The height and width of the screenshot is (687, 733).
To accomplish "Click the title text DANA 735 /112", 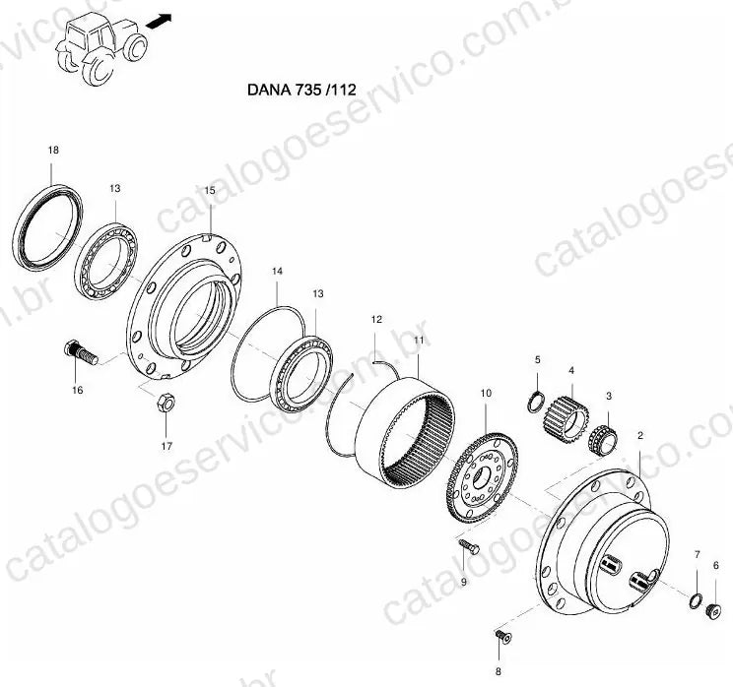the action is pos(301,90).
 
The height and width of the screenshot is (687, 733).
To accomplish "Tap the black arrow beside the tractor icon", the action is pos(159,21).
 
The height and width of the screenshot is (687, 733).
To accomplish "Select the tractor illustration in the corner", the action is pos(101,48).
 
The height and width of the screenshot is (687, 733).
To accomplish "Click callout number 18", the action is pos(53,150).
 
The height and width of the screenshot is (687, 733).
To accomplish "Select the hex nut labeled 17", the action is pos(166,403).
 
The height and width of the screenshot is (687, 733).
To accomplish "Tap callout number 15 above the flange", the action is pos(210,190).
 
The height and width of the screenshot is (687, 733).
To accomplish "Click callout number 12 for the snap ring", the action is pos(376,320).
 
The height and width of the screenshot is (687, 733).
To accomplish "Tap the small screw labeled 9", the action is pos(468,546).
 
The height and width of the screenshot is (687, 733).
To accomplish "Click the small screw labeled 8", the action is pos(503,636).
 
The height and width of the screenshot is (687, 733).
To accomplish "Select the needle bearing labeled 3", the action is pos(603,440).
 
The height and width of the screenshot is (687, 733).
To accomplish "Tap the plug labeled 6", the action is pos(712,610).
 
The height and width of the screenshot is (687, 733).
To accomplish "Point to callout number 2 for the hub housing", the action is pos(640,436).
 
